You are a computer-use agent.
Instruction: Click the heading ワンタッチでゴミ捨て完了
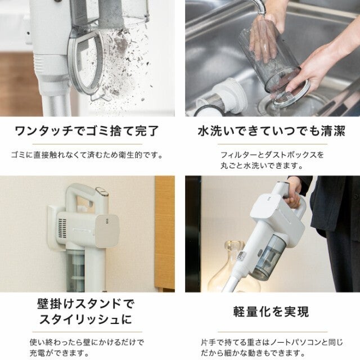click(x=87, y=131)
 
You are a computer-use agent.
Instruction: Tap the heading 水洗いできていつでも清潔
click(x=272, y=131)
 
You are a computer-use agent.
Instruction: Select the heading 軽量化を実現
click(x=271, y=312)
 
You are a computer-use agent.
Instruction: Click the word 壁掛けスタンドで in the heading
click(x=85, y=304)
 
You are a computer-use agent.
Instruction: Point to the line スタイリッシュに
click(x=85, y=319)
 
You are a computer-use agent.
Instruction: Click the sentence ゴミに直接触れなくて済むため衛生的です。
click(x=87, y=155)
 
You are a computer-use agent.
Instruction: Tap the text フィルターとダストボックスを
click(x=272, y=155)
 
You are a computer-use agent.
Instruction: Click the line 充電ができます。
click(x=59, y=353)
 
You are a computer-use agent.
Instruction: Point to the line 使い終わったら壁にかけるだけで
click(x=87, y=343)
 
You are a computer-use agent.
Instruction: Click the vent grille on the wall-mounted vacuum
click(x=62, y=228)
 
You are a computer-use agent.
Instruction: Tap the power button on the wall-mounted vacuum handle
click(x=102, y=191)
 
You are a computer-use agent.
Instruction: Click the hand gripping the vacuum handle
click(x=292, y=193)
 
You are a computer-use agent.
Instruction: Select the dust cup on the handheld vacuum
click(x=269, y=256)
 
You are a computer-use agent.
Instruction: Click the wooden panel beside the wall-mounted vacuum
click(x=165, y=233)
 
